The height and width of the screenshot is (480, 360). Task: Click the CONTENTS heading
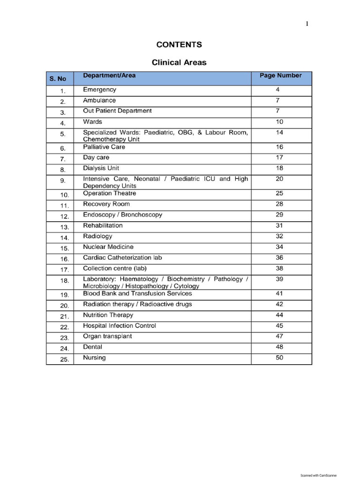click(x=179, y=45)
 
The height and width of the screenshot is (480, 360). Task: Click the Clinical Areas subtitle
click(x=179, y=62)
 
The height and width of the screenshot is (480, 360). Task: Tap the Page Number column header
click(x=280, y=75)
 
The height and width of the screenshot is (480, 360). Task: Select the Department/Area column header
click(x=109, y=75)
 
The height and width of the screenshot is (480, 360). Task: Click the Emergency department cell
click(x=99, y=90)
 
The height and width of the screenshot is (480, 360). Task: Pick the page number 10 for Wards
click(x=279, y=122)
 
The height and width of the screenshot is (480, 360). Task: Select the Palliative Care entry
click(x=104, y=147)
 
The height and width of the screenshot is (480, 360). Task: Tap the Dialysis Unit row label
click(x=101, y=168)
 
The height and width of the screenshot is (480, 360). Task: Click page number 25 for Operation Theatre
click(x=279, y=193)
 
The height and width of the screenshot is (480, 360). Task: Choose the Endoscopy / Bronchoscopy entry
click(x=122, y=215)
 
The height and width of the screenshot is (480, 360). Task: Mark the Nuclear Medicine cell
click(x=108, y=247)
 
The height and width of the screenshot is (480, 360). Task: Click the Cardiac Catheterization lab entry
click(x=122, y=257)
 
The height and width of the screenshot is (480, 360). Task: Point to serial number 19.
click(x=64, y=295)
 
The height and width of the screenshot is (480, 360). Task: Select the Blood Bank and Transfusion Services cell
click(x=137, y=293)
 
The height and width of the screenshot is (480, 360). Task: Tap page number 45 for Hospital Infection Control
click(x=279, y=325)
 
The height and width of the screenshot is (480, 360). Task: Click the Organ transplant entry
click(x=107, y=336)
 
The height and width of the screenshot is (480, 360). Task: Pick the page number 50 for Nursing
click(x=279, y=358)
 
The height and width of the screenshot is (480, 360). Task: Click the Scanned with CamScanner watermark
click(x=318, y=475)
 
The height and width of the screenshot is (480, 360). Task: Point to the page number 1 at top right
click(x=307, y=24)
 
